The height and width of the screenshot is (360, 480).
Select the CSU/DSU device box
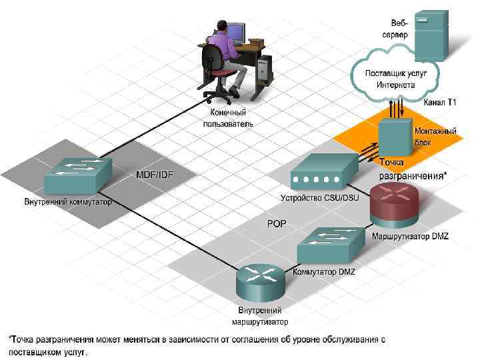[x=317, y=174]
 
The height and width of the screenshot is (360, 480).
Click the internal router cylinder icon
[x=261, y=284]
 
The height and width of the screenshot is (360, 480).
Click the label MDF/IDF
[x=155, y=175]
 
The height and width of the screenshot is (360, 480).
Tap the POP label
[x=276, y=224]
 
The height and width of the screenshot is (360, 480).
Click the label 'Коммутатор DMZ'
[x=324, y=272]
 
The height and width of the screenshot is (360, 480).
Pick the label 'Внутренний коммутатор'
[x=68, y=202]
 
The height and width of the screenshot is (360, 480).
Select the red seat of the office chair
[x=225, y=73]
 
